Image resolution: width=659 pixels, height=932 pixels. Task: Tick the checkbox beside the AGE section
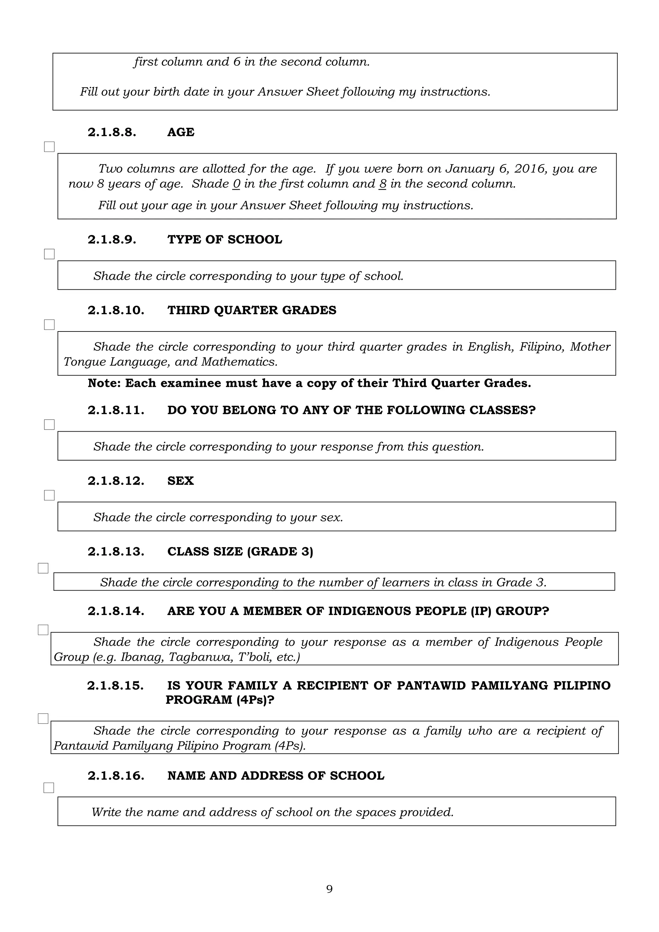[x=49, y=146]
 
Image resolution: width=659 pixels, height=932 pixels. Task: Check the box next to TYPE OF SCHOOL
[x=49, y=254]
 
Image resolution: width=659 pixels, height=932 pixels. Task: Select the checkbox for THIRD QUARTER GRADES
[x=49, y=324]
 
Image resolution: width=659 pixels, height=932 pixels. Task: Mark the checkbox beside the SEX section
[x=49, y=495]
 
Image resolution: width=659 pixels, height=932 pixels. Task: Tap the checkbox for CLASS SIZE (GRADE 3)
[x=43, y=568]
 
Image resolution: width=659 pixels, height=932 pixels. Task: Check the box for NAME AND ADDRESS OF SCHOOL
[x=49, y=788]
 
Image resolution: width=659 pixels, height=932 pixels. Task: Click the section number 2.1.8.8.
[x=112, y=132]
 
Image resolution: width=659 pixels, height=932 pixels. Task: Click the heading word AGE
[x=181, y=132]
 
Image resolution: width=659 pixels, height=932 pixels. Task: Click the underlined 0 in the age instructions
[x=237, y=184]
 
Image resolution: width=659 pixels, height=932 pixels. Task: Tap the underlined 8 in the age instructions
[x=382, y=184]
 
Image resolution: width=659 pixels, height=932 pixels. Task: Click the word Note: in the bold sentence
[x=104, y=383]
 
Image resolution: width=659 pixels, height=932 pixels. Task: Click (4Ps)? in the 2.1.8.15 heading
[x=255, y=700]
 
